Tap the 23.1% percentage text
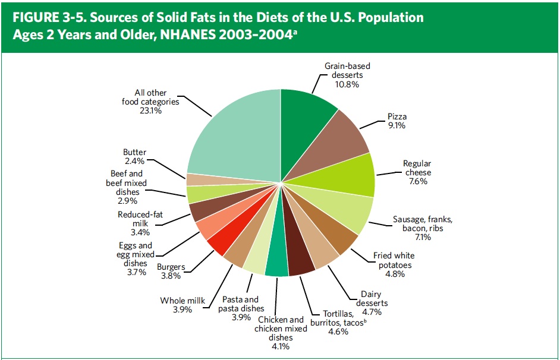click(150, 110)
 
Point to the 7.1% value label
click(427, 237)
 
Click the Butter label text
click(134, 153)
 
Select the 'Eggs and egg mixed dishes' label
click(136, 255)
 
